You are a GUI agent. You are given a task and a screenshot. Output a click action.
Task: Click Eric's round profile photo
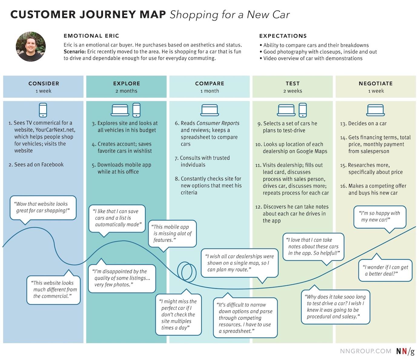(x=31, y=47)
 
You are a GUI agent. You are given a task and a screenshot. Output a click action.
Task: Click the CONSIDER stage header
(x=44, y=83)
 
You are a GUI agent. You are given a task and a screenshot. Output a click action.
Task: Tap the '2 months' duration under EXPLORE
(x=126, y=91)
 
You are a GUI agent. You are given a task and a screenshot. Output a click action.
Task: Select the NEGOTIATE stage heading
(x=375, y=83)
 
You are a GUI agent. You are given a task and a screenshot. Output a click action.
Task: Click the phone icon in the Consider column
(x=43, y=110)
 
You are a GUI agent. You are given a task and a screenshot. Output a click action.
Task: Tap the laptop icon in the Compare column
(x=209, y=110)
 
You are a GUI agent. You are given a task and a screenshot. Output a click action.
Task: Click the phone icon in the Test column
(x=302, y=110)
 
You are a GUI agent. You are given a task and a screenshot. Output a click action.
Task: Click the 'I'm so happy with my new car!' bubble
(x=380, y=216)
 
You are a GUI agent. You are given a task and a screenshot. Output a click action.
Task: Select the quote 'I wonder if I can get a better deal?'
(x=385, y=270)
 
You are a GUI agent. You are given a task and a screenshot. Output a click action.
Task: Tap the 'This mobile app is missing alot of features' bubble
(x=172, y=233)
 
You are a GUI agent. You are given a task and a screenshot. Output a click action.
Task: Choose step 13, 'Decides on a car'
(x=363, y=124)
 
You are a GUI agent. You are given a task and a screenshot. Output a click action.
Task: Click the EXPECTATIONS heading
(x=283, y=36)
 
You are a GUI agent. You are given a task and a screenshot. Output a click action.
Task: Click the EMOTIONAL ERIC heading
(x=91, y=36)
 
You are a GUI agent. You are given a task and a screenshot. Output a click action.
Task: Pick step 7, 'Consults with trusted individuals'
(x=202, y=161)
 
